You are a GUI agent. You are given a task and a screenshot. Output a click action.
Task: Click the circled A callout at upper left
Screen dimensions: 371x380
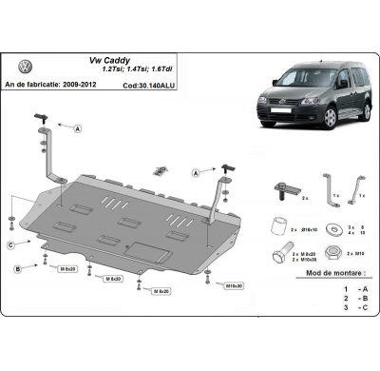pyautogui.click(x=77, y=127)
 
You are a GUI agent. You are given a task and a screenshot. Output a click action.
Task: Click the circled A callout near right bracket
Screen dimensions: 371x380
pyautogui.click(x=195, y=173)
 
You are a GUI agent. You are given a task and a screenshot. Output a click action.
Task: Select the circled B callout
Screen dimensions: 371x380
pyautogui.click(x=17, y=270)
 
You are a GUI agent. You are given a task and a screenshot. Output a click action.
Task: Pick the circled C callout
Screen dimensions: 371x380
pyautogui.click(x=11, y=245)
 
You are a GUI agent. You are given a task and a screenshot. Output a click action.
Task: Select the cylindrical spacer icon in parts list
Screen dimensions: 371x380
pyautogui.click(x=278, y=226)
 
